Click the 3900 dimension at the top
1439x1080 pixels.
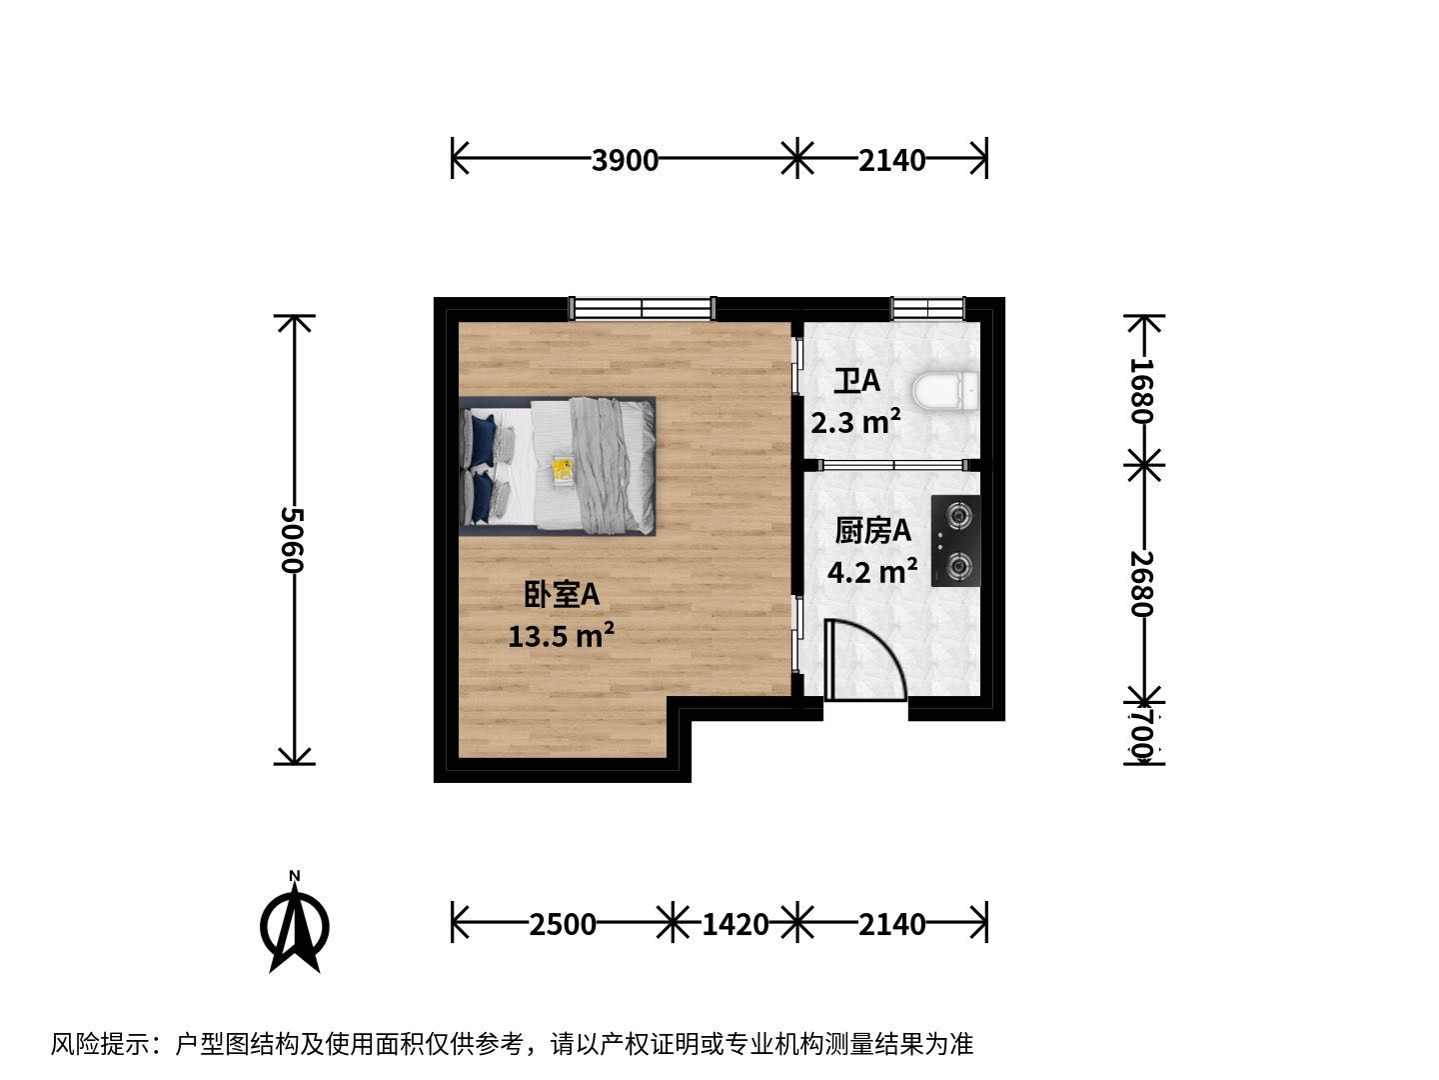625,160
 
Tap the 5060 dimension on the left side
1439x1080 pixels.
293,540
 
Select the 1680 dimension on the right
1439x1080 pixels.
1141,391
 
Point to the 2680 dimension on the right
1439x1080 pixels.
1141,583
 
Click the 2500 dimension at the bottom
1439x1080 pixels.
563,925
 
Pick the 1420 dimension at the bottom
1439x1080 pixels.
734,925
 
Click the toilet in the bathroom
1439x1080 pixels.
945,392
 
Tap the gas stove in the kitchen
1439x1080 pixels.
955,540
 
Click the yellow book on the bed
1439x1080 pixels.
563,470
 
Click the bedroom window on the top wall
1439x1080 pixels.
642,308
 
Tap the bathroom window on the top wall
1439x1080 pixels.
927,308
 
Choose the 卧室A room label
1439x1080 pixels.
562,595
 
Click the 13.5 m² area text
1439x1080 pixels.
562,635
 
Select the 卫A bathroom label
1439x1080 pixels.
856,381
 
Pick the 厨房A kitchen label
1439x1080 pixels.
872,531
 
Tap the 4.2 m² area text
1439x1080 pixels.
872,572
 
